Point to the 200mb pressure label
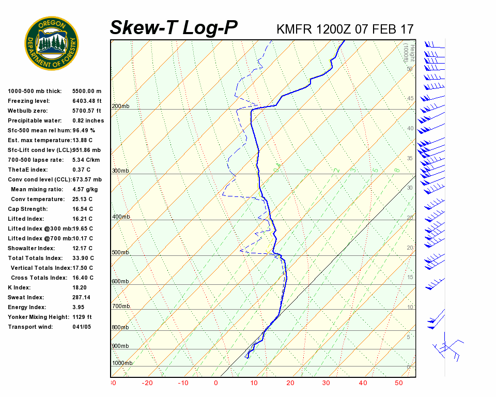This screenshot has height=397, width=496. tap(120, 106)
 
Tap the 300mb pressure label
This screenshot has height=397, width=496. tap(120, 171)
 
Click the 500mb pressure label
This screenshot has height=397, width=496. tap(120, 253)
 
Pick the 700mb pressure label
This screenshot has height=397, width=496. tap(120, 307)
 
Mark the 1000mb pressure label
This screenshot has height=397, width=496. tap(122, 363)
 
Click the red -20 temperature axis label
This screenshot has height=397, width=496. tap(148, 383)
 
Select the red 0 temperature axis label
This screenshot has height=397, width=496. tap(216, 383)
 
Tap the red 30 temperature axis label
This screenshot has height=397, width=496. tap(326, 383)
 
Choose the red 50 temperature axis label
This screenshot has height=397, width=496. tap(399, 383)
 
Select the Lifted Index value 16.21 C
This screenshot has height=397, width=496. tap(83, 219)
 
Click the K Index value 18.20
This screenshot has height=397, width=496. tap(80, 287)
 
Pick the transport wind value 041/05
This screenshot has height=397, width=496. tap(82, 327)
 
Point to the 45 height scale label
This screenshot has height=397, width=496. tap(410, 99)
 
